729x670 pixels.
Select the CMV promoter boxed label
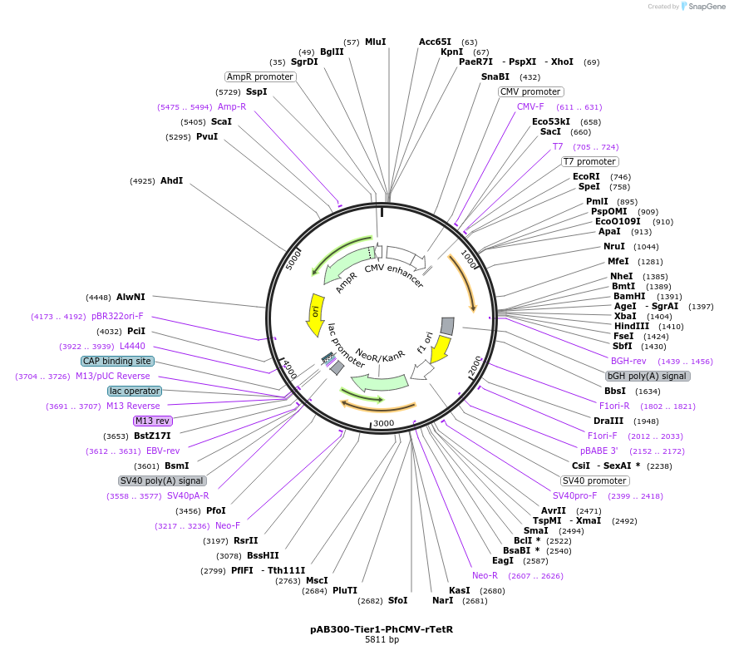pyautogui.click(x=530, y=91)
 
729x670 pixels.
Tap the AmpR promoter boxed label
pyautogui.click(x=260, y=76)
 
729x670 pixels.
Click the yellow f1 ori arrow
pyautogui.click(x=440, y=349)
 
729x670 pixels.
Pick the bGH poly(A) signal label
pyautogui.click(x=648, y=376)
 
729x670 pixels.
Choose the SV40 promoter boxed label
pyautogui.click(x=594, y=480)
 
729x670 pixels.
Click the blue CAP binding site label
pyautogui.click(x=117, y=361)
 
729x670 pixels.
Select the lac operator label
pyautogui.click(x=135, y=391)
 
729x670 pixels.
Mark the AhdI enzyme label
pyautogui.click(x=171, y=180)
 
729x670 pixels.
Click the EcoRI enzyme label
pyautogui.click(x=586, y=176)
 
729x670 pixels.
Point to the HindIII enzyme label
pyautogui.click(x=632, y=326)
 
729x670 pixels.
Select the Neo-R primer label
pyautogui.click(x=485, y=575)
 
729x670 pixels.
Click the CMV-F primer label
pyautogui.click(x=530, y=106)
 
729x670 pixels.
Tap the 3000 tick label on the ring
pyautogui.click(x=383, y=423)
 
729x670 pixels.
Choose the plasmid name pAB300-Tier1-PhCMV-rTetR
pyautogui.click(x=382, y=629)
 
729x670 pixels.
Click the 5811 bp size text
pyautogui.click(x=382, y=640)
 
